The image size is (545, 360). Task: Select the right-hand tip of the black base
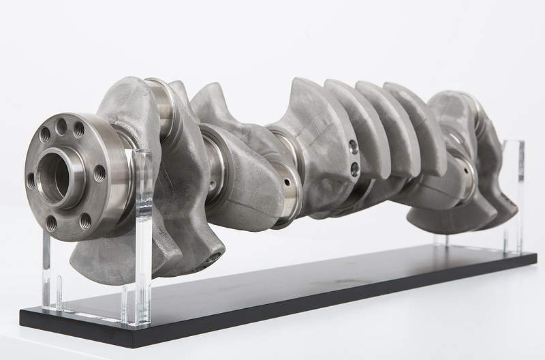[534, 258]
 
